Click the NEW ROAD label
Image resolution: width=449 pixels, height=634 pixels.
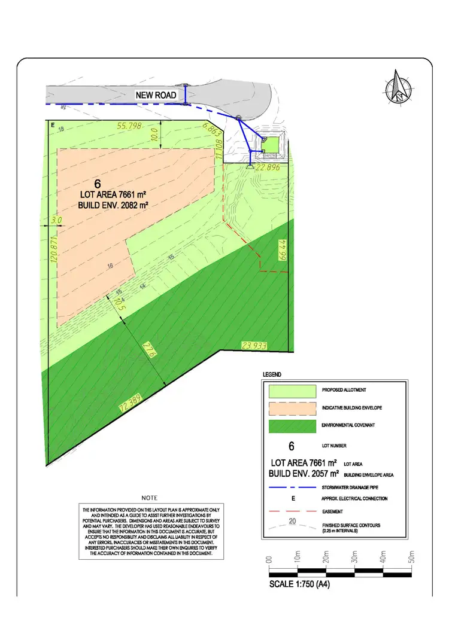coord(156,95)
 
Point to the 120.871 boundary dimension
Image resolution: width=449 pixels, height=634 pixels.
coord(53,251)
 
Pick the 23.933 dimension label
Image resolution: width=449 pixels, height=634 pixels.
coord(253,345)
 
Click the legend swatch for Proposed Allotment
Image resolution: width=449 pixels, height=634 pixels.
coord(292,391)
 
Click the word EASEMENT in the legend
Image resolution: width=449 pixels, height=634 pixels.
coord(333,512)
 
